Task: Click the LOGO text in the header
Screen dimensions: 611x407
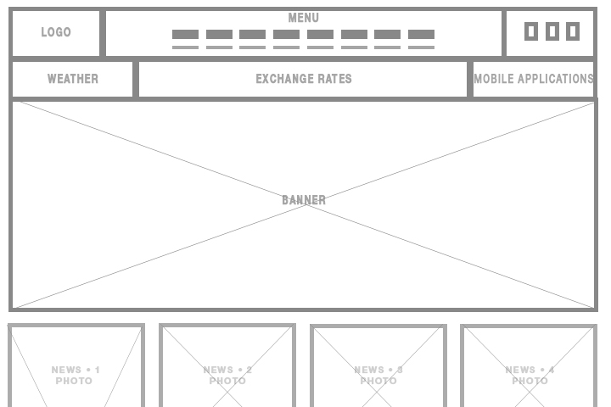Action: (56, 32)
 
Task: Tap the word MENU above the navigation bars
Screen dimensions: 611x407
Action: (304, 18)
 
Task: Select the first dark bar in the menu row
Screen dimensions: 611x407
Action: (186, 34)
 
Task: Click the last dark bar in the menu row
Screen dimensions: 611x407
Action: (421, 34)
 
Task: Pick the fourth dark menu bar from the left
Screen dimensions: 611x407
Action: (287, 34)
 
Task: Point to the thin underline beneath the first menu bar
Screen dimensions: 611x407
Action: (186, 47)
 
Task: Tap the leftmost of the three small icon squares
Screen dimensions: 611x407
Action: (531, 31)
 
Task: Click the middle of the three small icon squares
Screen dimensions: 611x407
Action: (552, 31)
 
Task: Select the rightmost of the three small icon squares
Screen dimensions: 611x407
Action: (573, 31)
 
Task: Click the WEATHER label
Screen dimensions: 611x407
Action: (73, 79)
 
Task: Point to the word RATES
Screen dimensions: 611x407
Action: (334, 79)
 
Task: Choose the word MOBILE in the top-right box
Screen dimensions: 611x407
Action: (494, 79)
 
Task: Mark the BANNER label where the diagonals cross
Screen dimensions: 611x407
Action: (304, 200)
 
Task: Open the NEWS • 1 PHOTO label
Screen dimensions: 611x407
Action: (76, 375)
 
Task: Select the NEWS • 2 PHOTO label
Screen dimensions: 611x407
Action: (227, 375)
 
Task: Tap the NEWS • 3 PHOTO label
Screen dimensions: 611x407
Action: (378, 375)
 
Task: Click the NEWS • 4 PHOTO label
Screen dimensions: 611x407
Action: (530, 375)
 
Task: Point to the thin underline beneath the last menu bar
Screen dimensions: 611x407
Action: (421, 47)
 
